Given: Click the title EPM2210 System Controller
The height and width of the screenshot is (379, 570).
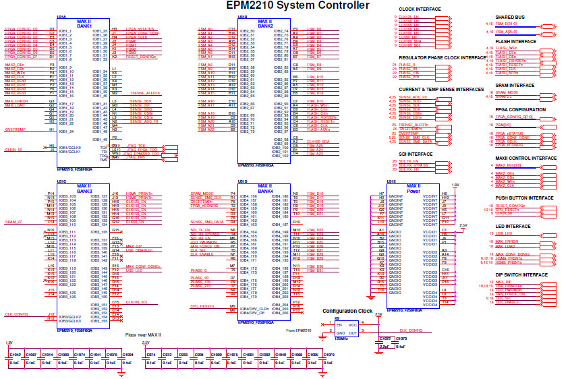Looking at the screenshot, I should coord(297,6).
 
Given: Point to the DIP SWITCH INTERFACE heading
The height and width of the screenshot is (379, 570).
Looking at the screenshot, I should coord(521,274).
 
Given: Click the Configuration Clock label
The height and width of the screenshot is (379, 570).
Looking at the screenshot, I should coord(347,311).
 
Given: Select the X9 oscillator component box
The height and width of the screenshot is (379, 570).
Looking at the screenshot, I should coord(347,329).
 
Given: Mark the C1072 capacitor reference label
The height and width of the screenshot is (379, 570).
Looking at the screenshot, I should coord(385,338).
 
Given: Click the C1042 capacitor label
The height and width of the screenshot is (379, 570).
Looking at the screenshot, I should coord(16,354).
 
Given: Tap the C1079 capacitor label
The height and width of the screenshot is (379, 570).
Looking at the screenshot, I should coord(329,354).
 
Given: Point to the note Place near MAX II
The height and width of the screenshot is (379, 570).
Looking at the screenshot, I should coord(143,334).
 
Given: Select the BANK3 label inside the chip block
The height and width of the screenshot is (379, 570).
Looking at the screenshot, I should coord(86,191).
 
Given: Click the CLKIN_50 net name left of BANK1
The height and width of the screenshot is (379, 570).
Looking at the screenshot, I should coord(13,149).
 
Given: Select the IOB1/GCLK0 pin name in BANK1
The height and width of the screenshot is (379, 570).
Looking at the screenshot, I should coord(70,146).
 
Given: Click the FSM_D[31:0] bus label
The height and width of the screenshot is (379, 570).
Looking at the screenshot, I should coord(506,24).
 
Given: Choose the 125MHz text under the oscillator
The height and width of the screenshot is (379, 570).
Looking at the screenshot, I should coord(341,338).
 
